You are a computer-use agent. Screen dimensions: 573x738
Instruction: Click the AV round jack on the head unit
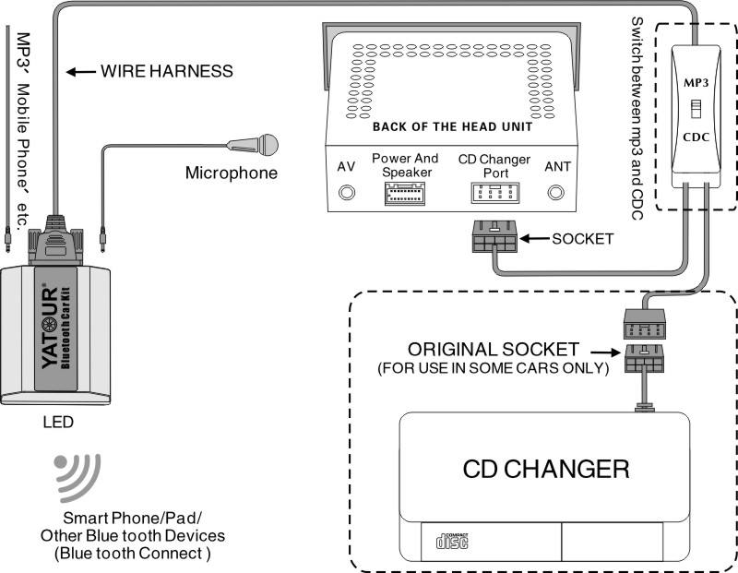point(347,194)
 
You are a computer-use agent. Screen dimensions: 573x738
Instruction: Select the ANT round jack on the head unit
point(556,194)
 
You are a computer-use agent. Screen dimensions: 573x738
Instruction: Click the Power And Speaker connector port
point(405,195)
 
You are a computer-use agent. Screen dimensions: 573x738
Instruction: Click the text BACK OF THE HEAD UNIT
point(451,125)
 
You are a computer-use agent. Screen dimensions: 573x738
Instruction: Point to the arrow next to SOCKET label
point(533,238)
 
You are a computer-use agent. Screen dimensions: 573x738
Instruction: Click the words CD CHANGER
point(546,469)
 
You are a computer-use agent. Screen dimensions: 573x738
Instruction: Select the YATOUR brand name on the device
point(52,328)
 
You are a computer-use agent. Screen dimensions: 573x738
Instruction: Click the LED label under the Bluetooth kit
point(58,424)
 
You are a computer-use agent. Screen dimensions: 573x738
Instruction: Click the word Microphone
point(231,173)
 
